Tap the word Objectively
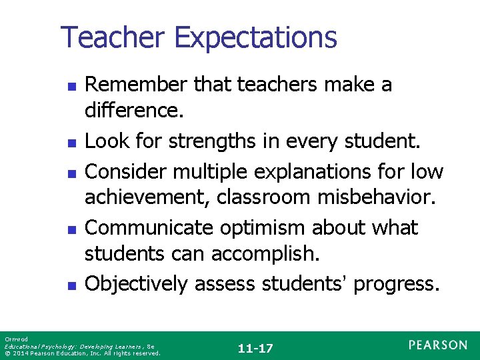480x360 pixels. pos(137,284)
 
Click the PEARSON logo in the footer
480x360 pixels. pos(438,345)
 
